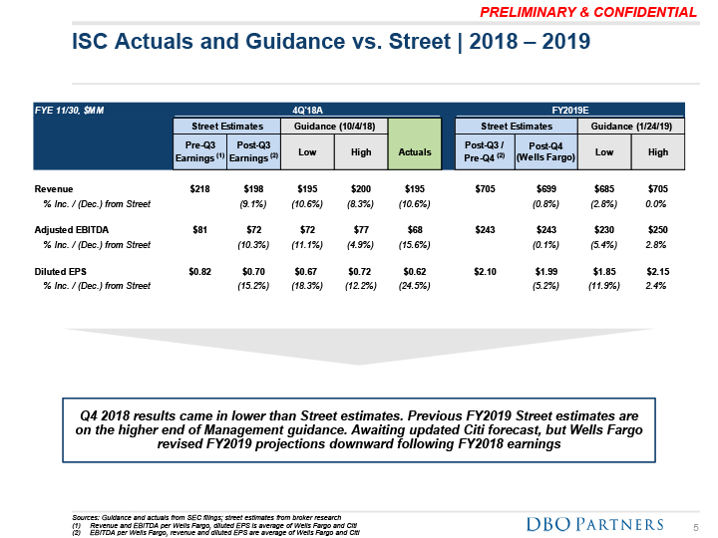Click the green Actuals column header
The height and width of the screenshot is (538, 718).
(414, 151)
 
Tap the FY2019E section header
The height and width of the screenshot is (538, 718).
(570, 109)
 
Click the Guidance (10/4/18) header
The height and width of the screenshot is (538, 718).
(334, 127)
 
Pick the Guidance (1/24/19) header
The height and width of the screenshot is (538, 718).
(631, 127)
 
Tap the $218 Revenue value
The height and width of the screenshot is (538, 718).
(198, 188)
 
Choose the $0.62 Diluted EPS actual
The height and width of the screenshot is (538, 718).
(413, 271)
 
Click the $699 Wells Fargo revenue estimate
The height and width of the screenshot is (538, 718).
(544, 188)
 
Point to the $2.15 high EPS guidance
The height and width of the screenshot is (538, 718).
(656, 271)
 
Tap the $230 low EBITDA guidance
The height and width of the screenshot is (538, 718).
(603, 229)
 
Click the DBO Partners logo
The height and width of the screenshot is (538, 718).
(593, 524)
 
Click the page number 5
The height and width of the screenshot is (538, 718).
(696, 525)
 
